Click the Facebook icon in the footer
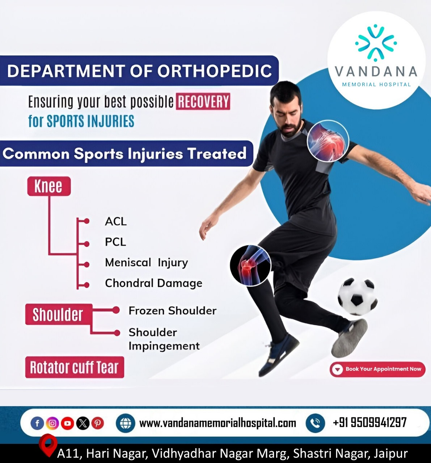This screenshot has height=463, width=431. coord(37,423)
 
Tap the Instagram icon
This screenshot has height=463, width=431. coord(52,423)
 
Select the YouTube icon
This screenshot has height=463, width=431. coord(67,423)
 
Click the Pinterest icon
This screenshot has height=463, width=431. coord(98,423)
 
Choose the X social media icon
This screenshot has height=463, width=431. coord(83,423)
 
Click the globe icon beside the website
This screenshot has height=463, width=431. coord(125,423)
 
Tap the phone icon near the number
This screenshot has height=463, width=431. coord(316,423)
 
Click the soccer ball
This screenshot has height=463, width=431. coord(357,296)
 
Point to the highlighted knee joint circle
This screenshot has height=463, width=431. coord(250,266)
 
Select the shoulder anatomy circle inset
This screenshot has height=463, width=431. coord(328,141)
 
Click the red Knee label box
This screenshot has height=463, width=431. coord(49,186)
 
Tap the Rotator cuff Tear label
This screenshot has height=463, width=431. coord(75,367)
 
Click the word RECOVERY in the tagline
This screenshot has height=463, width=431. coord(203,101)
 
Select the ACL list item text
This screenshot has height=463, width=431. coord(116,221)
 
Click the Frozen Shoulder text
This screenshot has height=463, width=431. coord(173,310)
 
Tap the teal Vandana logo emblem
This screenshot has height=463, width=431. coord(376,43)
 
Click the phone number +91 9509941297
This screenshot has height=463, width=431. coord(369,422)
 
